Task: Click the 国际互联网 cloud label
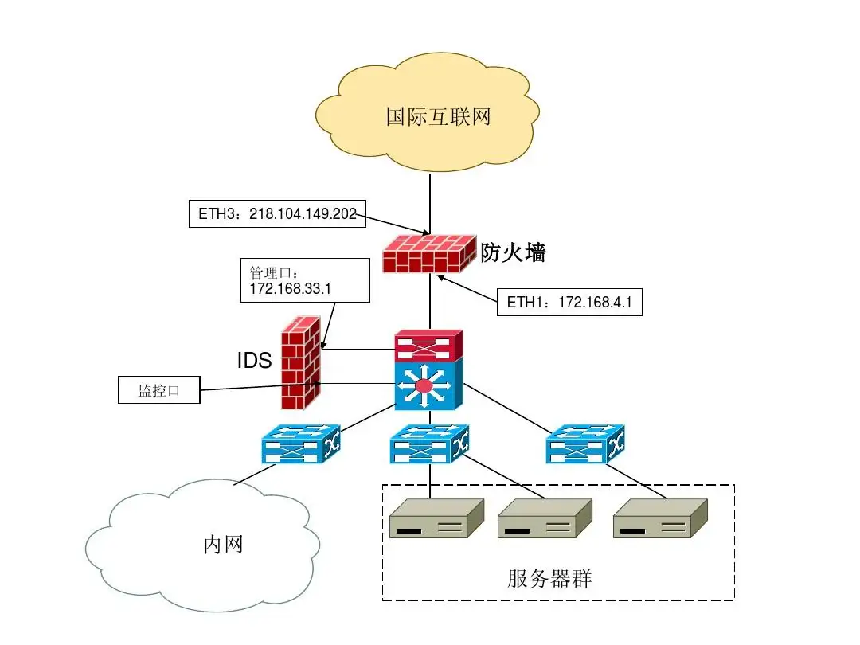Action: point(438,117)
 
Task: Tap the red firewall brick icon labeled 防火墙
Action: point(428,254)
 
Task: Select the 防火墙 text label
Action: point(513,253)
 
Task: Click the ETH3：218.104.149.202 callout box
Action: point(277,213)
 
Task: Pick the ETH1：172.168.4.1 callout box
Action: point(569,302)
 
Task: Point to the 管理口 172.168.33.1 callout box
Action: point(304,279)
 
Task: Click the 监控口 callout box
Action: point(158,390)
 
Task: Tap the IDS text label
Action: point(254,361)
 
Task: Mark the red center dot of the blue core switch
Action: point(424,386)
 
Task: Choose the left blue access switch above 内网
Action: point(301,444)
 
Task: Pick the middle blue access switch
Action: point(428,444)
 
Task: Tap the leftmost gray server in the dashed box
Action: point(436,519)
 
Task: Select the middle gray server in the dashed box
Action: point(545,519)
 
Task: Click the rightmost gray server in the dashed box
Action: point(660,519)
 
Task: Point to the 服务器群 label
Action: point(549,578)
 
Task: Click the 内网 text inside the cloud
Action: point(223,545)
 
